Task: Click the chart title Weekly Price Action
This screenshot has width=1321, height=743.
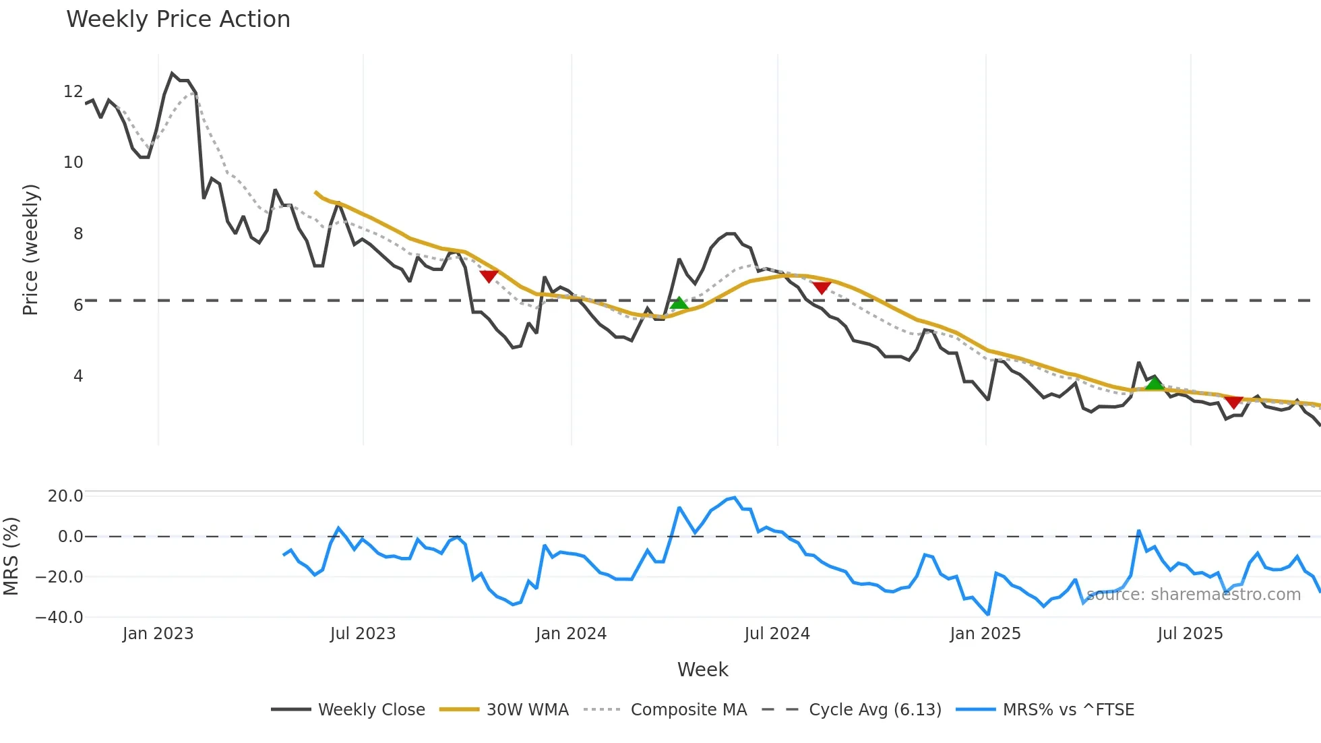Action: coord(178,19)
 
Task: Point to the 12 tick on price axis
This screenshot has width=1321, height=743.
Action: coord(73,91)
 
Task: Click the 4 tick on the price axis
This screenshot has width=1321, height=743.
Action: coord(78,376)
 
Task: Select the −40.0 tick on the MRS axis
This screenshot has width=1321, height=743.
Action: coord(59,617)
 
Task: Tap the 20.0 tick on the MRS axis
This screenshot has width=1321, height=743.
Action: coord(65,496)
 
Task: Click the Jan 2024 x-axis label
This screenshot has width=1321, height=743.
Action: coord(571,634)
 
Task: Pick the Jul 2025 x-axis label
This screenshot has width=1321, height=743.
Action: coord(1190,634)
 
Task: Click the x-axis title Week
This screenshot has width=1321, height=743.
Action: coord(702,670)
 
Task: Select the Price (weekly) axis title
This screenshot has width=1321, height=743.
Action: coord(30,249)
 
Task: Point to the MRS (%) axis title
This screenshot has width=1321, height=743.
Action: coord(11,556)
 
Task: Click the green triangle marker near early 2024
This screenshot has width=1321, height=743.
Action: coord(679,303)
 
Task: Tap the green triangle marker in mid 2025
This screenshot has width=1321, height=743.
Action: coord(1155,384)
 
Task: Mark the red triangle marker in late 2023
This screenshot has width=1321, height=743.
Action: coord(489,276)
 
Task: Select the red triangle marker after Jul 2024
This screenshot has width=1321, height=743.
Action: coord(821,288)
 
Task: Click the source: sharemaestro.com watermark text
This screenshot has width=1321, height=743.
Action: coord(1193,594)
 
